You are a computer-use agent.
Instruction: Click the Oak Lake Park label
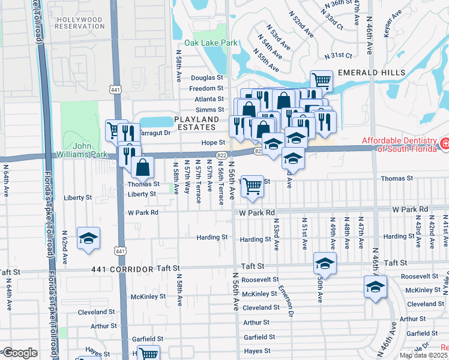coord(211,43)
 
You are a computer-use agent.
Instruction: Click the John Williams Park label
coord(91,150)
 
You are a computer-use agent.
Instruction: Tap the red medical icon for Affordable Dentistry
coord(445,144)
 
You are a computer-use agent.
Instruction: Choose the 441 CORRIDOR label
coord(123,270)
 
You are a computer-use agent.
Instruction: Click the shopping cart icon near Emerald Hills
coord(322,80)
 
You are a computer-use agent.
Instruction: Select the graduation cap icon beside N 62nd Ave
coord(88,239)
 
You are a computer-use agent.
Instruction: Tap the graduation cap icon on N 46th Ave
coord(375,287)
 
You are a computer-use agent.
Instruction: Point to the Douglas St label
coord(207,78)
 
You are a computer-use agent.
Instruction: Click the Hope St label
coord(212,143)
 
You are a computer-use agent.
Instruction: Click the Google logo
coord(20,353)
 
